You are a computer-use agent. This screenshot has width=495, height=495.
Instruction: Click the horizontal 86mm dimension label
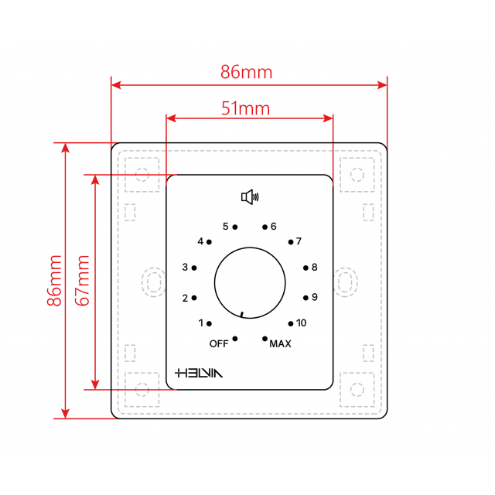tap(247, 73)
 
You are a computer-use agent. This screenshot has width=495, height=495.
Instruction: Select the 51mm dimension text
tap(246, 108)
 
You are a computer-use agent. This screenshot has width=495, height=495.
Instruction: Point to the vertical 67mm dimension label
tap(84, 283)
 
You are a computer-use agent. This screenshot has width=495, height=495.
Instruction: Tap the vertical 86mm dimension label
tap(54, 281)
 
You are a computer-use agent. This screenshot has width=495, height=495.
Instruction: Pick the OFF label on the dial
tap(219, 343)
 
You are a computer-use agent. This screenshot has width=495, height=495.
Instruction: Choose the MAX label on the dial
tap(280, 344)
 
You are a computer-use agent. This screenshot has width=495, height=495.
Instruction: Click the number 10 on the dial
tap(301, 323)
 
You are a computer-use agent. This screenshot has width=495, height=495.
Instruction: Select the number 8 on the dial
tap(314, 268)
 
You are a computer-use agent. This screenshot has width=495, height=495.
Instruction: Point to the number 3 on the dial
tap(185, 268)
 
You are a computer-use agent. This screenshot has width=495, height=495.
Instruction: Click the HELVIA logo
tap(199, 372)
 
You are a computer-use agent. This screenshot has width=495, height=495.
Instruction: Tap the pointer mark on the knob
tap(241, 314)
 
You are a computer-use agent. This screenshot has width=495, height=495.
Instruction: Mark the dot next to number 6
tap(265, 227)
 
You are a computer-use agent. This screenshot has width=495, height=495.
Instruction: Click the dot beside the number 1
tap(209, 323)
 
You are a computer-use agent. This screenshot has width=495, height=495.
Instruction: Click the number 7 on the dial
tap(299, 241)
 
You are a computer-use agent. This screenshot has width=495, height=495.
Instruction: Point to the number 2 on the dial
tap(185, 298)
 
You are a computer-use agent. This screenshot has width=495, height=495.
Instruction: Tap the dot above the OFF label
tap(235, 338)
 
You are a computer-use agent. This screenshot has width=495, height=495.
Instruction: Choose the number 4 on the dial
tap(200, 241)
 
